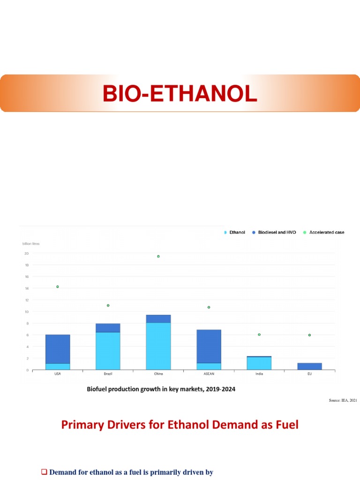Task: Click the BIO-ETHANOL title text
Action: pos(180,93)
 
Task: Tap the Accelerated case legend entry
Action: pos(326,232)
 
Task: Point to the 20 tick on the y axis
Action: pos(26,254)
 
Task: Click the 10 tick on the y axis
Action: pos(26,312)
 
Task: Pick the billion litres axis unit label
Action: pos(31,244)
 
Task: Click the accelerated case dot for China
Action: pos(158,256)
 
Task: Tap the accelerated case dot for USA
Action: pos(58,287)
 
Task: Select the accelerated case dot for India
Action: pos(259,335)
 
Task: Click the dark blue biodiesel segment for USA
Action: pos(58,349)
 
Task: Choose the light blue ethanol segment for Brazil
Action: pos(108,351)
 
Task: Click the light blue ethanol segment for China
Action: pos(158,346)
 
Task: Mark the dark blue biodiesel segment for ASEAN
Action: pos(209,346)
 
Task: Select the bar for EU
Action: pos(309,367)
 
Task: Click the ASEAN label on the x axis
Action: pos(209,374)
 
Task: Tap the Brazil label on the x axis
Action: pos(108,374)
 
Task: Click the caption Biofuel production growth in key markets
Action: pos(161,389)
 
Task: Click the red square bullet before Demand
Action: pos(45,472)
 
